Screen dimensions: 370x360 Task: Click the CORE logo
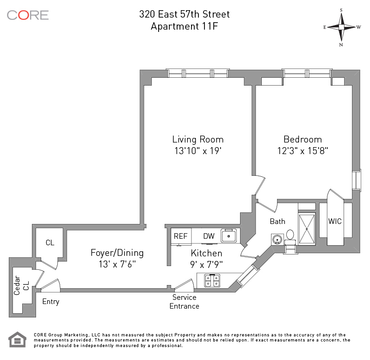point(28,15)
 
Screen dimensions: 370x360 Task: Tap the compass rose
point(341,27)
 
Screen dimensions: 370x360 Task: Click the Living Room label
point(198,139)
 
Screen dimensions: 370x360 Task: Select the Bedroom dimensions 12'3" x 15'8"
point(303,150)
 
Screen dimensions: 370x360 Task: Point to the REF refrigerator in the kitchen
point(181,236)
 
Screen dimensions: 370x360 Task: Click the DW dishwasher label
point(209,236)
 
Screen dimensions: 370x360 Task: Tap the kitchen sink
point(228,236)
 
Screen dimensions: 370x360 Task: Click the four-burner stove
point(212,280)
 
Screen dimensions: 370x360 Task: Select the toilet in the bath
point(290,238)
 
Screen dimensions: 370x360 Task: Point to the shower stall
point(307,229)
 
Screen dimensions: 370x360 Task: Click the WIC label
point(335,221)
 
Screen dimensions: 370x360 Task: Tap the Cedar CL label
point(21,286)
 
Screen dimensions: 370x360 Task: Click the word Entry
point(51,302)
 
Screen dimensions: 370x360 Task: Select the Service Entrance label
point(184,301)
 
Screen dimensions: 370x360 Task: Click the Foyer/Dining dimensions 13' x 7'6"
point(117,264)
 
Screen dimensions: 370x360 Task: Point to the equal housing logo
point(17,340)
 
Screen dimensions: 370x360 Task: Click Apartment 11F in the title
point(184,26)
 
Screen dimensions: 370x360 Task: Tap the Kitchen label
point(206,253)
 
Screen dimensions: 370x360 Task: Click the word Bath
point(277,222)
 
